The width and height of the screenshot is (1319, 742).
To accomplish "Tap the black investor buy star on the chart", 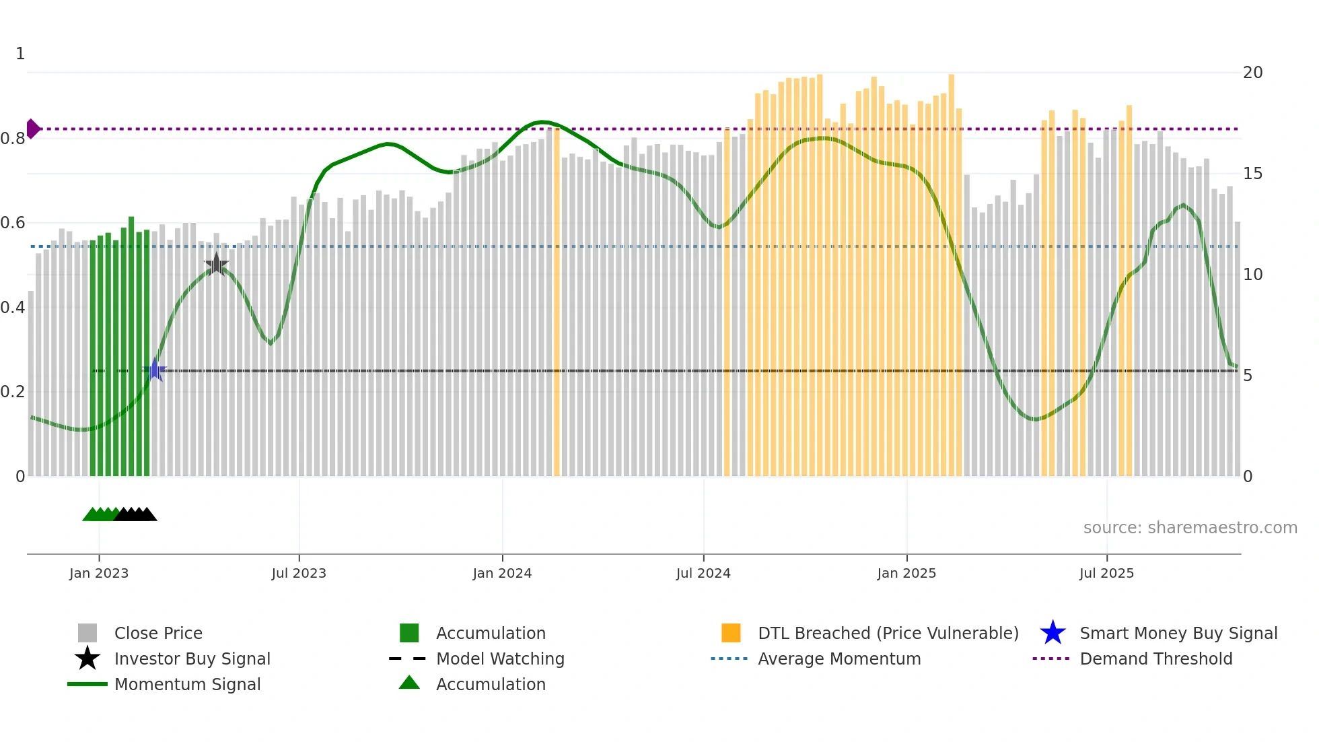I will (216, 265).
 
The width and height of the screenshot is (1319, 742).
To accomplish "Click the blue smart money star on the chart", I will (155, 370).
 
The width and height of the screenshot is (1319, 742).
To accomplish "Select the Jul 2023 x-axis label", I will (299, 573).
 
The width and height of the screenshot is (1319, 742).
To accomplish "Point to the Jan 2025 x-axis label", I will (906, 573).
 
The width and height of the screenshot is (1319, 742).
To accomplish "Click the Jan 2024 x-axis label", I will (502, 573).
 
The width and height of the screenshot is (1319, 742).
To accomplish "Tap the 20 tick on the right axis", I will (1252, 73).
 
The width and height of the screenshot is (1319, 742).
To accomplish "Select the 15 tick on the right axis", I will (1252, 174).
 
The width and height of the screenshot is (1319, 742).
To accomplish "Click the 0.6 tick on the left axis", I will (13, 223).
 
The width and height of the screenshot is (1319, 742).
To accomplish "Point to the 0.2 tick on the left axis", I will (13, 392).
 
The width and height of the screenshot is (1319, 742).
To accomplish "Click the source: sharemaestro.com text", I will (1190, 528).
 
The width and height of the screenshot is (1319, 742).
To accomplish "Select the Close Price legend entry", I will (158, 633).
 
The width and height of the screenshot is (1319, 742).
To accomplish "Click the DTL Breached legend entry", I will (888, 633).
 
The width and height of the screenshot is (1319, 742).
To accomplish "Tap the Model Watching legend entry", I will (500, 659).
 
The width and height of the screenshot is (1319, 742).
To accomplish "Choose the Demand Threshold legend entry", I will (1155, 659).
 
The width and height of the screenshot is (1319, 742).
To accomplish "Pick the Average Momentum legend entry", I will (839, 659).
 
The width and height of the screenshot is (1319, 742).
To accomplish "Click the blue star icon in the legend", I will (1053, 633).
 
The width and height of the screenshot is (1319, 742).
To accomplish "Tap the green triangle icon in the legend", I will (409, 683).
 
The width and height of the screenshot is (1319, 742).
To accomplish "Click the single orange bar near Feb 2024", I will (557, 303).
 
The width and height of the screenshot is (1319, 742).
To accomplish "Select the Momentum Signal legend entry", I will (187, 684).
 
